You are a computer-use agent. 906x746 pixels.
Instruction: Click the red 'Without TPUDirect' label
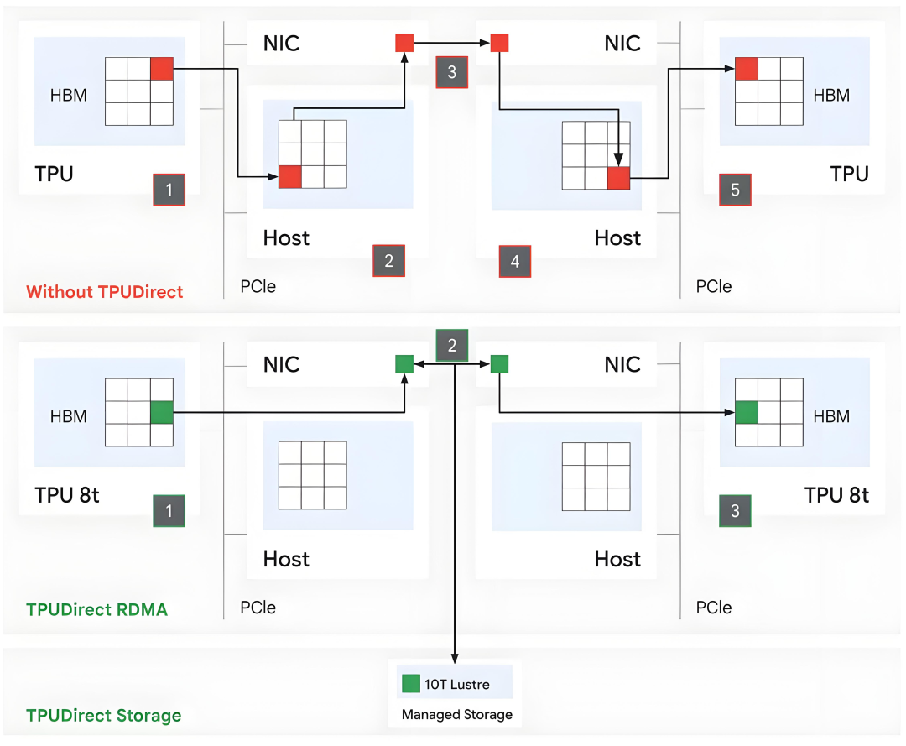(x=105, y=292)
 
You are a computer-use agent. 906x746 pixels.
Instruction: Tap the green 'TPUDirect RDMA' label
(x=97, y=609)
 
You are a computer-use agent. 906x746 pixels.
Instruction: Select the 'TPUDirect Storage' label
(x=104, y=716)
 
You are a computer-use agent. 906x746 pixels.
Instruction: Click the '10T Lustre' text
(x=457, y=684)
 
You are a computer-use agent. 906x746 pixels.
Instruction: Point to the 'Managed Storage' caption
(x=457, y=715)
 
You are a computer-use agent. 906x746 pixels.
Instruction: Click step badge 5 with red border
(x=735, y=190)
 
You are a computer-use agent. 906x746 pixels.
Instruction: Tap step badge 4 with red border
(x=515, y=261)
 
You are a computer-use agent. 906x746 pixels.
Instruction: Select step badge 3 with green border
(x=735, y=511)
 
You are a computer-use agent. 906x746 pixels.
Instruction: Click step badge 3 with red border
(x=452, y=71)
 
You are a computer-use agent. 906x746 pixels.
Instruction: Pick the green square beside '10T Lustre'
(x=411, y=684)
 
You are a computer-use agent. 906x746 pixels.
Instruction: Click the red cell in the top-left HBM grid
(x=162, y=69)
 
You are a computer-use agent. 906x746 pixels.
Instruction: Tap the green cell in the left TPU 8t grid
(x=162, y=413)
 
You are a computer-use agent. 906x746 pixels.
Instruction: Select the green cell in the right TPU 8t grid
(x=747, y=413)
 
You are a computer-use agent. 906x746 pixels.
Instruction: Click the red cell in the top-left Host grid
(x=290, y=177)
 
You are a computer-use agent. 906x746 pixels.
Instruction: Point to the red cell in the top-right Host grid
(x=619, y=178)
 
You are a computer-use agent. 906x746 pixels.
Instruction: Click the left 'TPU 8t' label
(x=67, y=495)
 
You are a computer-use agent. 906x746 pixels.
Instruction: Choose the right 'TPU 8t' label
(x=836, y=495)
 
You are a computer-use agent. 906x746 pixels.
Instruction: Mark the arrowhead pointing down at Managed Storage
(x=455, y=659)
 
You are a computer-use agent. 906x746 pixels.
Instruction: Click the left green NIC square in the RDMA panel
(x=404, y=364)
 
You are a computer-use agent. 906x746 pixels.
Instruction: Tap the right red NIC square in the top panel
(x=499, y=43)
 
